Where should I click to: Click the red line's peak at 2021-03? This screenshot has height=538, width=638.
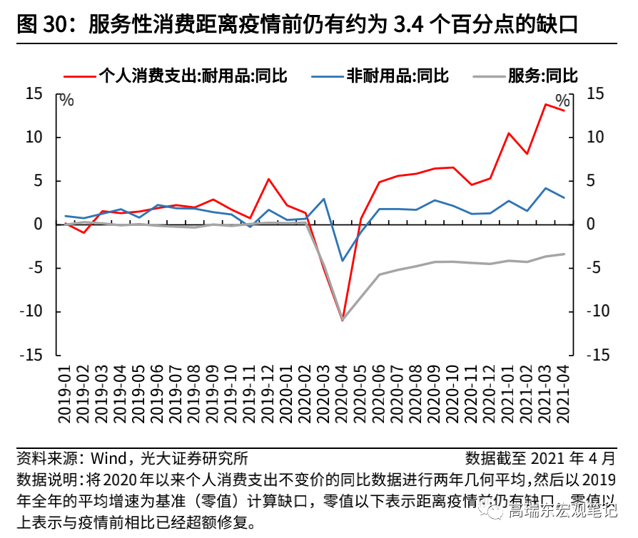[x=545, y=105]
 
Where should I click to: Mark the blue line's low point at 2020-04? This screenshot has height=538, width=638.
[x=343, y=261]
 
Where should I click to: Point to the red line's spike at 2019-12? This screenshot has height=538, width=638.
[x=268, y=179]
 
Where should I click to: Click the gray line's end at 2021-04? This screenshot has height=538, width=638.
[x=564, y=254]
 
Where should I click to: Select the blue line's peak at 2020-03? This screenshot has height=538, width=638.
[x=324, y=199]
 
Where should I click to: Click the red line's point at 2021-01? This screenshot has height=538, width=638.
[x=509, y=133]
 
